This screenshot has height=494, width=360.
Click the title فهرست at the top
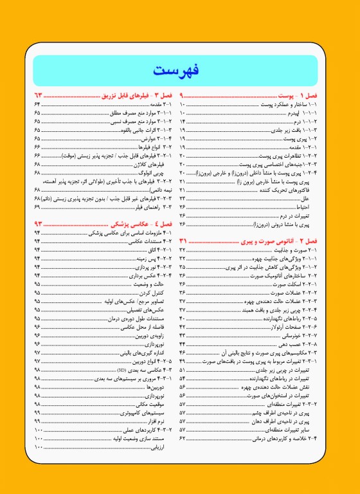179,70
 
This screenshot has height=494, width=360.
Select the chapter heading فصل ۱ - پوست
308,95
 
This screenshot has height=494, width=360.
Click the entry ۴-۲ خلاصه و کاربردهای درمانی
291,437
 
